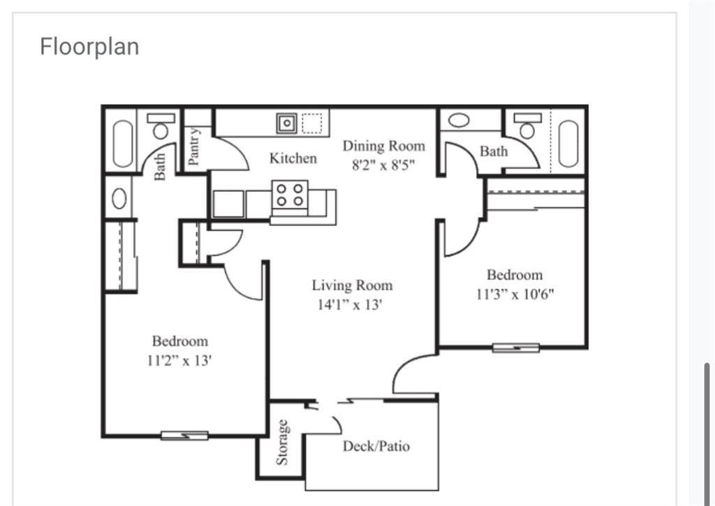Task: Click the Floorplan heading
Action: tap(89, 47)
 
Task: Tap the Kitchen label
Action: tap(293, 158)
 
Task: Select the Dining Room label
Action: tap(383, 146)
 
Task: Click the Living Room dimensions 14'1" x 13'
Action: tap(348, 304)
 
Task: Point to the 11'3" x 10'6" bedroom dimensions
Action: tap(515, 294)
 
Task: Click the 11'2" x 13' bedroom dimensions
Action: tap(180, 361)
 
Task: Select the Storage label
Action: tap(282, 441)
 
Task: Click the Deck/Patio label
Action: tap(376, 446)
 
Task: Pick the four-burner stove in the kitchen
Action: tap(291, 194)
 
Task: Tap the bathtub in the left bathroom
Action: tap(123, 143)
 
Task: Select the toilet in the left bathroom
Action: tap(161, 128)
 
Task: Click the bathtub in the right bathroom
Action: tap(568, 143)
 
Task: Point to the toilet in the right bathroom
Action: tap(527, 128)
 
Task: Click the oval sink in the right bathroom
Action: tap(459, 119)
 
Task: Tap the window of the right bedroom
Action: tap(515, 348)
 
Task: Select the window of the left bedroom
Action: tap(184, 436)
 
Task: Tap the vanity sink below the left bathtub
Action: tap(119, 199)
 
